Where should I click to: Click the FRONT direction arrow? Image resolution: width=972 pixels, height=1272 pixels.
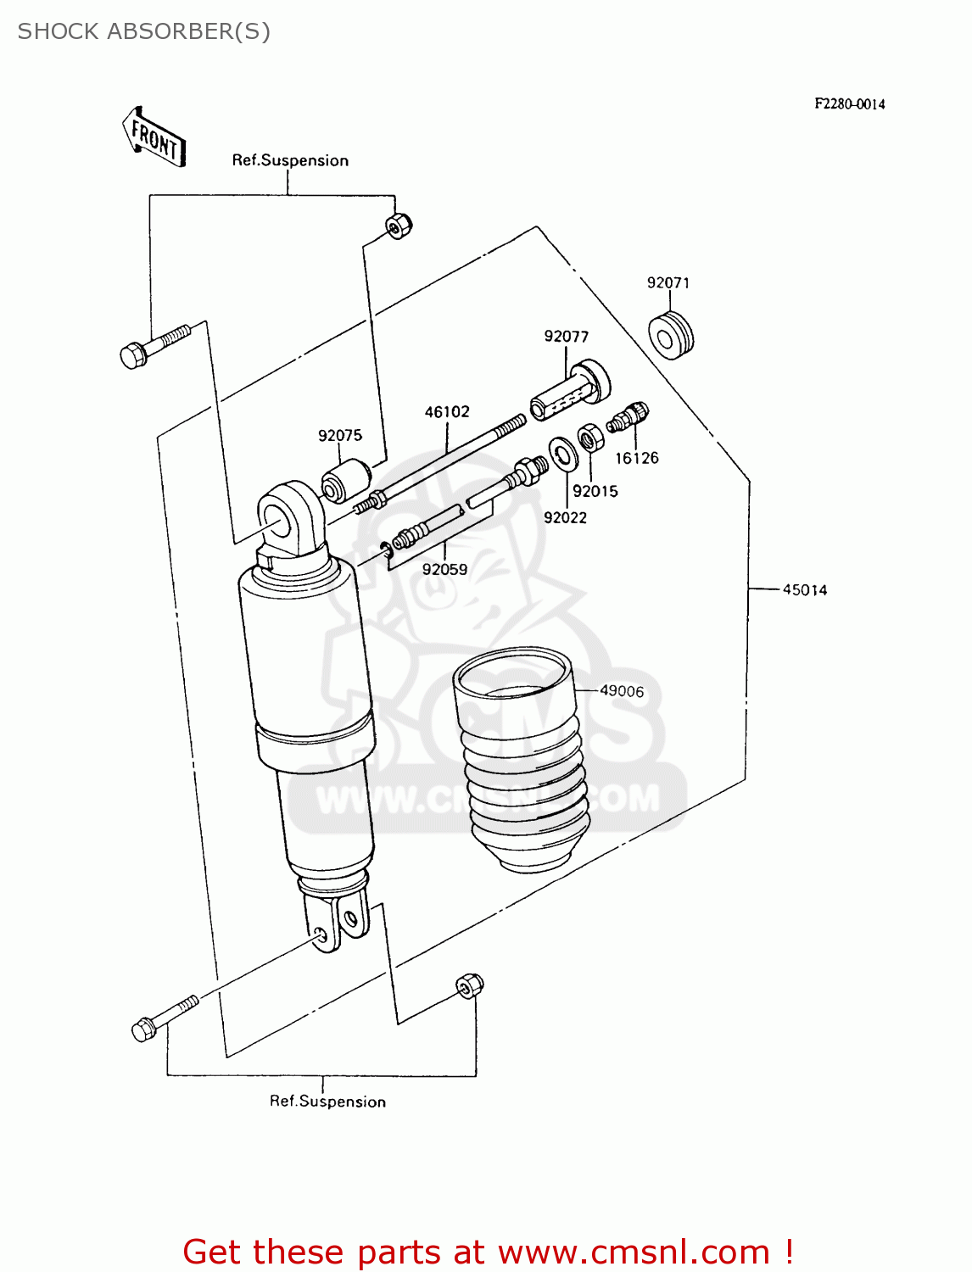[x=154, y=137]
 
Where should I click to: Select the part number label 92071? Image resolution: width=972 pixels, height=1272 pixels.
[x=668, y=282]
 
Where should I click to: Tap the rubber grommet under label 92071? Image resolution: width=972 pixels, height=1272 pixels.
[x=671, y=336]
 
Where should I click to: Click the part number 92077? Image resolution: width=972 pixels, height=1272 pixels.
[x=566, y=337]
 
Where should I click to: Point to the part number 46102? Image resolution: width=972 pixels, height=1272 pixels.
[x=447, y=412]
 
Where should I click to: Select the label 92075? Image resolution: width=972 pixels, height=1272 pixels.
[x=340, y=435]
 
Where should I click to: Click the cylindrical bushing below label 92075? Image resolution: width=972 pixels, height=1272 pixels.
[x=345, y=481]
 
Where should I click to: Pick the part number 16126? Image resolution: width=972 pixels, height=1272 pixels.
[x=636, y=458]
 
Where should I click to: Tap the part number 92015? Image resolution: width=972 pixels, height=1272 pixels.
[x=595, y=491]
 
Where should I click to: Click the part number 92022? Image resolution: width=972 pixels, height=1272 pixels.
[x=565, y=517]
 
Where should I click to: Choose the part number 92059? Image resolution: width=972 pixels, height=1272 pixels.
[x=444, y=570]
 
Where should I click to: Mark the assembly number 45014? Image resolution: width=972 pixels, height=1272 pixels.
[x=804, y=589]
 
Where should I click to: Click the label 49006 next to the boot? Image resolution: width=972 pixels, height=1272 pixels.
[x=622, y=691]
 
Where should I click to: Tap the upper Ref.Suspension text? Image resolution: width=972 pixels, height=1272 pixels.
[x=290, y=160]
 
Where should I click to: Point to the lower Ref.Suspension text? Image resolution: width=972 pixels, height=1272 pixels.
[x=327, y=1101]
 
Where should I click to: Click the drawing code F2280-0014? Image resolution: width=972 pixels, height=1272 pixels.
[x=850, y=103]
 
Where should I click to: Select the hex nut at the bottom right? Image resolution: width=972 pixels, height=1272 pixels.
[x=469, y=985]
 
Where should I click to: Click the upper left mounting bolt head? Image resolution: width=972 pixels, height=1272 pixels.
[x=134, y=354]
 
